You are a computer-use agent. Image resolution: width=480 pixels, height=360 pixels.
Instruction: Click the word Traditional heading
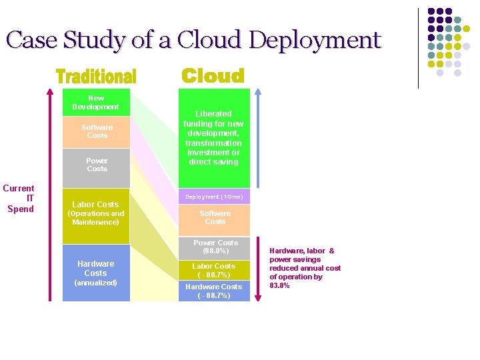(96, 77)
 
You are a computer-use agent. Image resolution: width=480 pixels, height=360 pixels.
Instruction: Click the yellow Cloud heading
(213, 76)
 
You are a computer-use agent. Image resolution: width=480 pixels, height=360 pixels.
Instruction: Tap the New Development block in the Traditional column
(95, 103)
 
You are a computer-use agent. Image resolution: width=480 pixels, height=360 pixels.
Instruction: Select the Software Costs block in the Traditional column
(97, 132)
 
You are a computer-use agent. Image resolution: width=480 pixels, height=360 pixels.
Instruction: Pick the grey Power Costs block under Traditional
(97, 165)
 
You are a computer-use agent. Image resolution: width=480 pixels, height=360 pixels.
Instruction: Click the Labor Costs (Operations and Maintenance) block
(95, 213)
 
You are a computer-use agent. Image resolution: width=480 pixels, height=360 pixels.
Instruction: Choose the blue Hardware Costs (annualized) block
(95, 273)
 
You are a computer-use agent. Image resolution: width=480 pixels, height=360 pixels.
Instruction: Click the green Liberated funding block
(214, 138)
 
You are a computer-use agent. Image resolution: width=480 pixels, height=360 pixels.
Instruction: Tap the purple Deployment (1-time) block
(214, 197)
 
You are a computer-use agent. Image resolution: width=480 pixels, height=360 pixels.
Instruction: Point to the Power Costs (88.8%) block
(215, 247)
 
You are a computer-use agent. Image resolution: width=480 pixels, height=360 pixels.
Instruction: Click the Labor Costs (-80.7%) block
(214, 270)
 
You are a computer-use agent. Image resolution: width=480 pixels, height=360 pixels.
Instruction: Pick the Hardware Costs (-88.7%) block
(214, 291)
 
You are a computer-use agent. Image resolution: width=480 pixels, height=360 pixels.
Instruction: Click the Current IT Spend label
(20, 199)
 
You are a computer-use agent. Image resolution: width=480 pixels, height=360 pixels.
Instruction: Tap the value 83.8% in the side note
(279, 285)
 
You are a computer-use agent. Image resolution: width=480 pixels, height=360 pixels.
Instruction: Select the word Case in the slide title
(32, 41)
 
